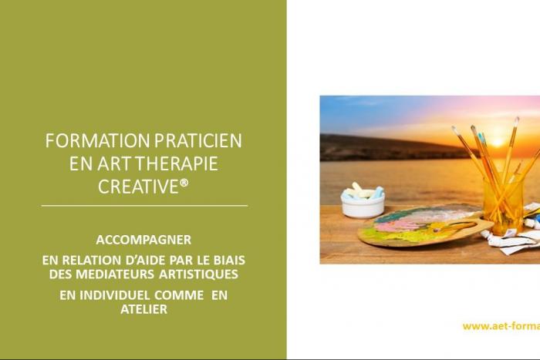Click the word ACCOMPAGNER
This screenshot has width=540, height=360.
point(144,239)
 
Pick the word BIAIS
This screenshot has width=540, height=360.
point(226,260)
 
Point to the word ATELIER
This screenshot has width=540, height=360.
point(143,308)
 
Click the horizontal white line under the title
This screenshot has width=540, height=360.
point(144,206)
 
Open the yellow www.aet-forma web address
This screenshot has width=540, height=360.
point(501,326)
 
